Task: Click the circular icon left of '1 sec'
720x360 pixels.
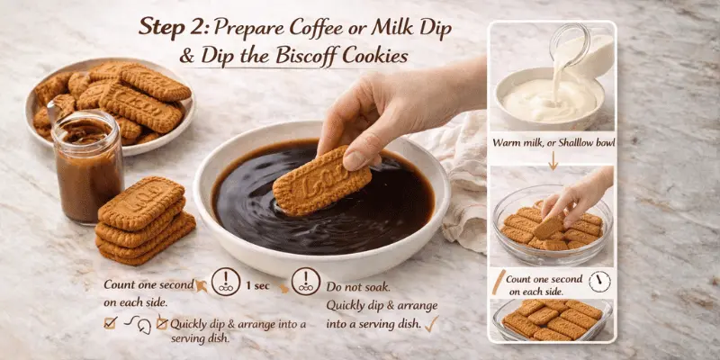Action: pyautogui.click(x=224, y=283)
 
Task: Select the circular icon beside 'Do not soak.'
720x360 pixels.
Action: pyautogui.click(x=306, y=283)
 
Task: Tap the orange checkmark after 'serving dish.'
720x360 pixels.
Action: pyautogui.click(x=431, y=322)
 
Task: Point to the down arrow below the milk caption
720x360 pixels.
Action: pyautogui.click(x=552, y=165)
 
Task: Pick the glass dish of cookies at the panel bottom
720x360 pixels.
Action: pyautogui.click(x=551, y=319)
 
